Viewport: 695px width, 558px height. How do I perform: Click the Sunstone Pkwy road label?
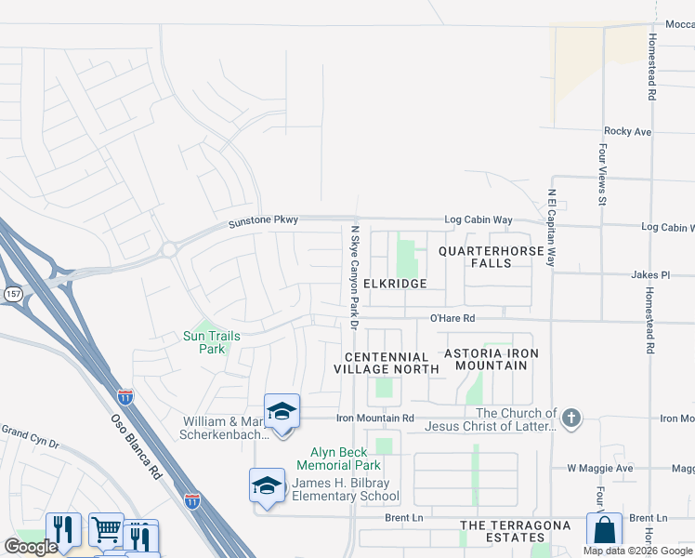[264, 220]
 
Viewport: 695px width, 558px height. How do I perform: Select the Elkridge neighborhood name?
[395, 283]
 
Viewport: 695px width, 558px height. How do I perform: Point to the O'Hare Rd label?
[452, 318]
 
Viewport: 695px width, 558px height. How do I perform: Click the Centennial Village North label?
[387, 363]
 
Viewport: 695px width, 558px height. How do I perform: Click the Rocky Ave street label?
[627, 132]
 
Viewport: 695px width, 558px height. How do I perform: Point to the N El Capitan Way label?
[551, 229]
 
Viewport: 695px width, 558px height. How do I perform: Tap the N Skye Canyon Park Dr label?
[354, 276]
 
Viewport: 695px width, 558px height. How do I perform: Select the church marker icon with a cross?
[571, 418]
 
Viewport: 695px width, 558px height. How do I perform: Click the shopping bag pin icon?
[604, 531]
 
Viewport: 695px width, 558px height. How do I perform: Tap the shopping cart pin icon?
[106, 531]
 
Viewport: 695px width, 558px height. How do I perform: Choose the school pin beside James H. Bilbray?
[267, 485]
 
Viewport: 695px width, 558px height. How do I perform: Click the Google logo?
[31, 547]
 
